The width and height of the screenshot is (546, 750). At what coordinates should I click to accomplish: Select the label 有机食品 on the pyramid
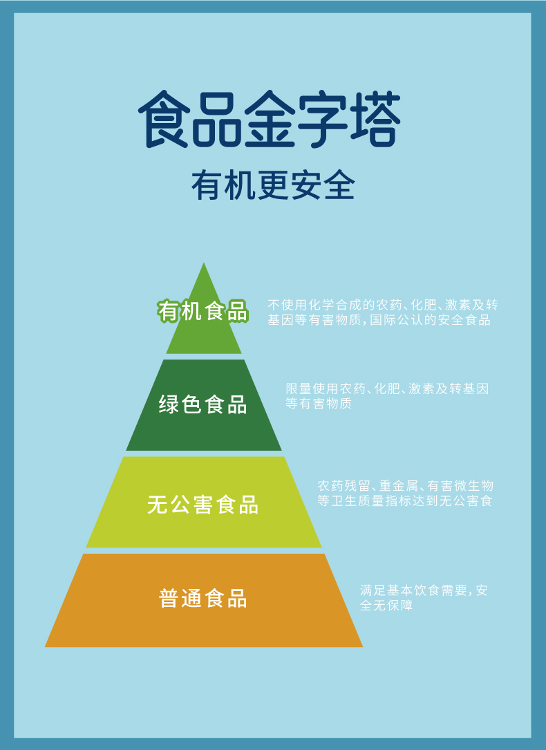click(x=203, y=312)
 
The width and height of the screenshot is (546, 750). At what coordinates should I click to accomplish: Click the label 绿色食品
click(x=203, y=404)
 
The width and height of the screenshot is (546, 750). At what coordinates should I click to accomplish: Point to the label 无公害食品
click(x=203, y=505)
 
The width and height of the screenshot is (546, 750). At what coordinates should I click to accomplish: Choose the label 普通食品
click(x=203, y=598)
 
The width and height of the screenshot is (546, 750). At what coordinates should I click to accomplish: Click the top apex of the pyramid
click(x=204, y=265)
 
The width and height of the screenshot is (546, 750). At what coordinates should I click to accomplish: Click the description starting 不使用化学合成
click(x=382, y=312)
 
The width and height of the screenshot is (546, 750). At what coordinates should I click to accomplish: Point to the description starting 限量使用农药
click(x=387, y=396)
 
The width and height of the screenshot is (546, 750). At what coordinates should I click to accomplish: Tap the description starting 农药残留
click(x=405, y=494)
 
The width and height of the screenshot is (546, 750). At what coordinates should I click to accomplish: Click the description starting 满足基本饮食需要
click(x=424, y=598)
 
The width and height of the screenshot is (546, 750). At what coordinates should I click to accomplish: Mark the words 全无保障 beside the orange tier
click(x=386, y=606)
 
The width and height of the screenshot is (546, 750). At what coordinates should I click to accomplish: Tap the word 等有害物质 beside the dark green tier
click(x=319, y=404)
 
